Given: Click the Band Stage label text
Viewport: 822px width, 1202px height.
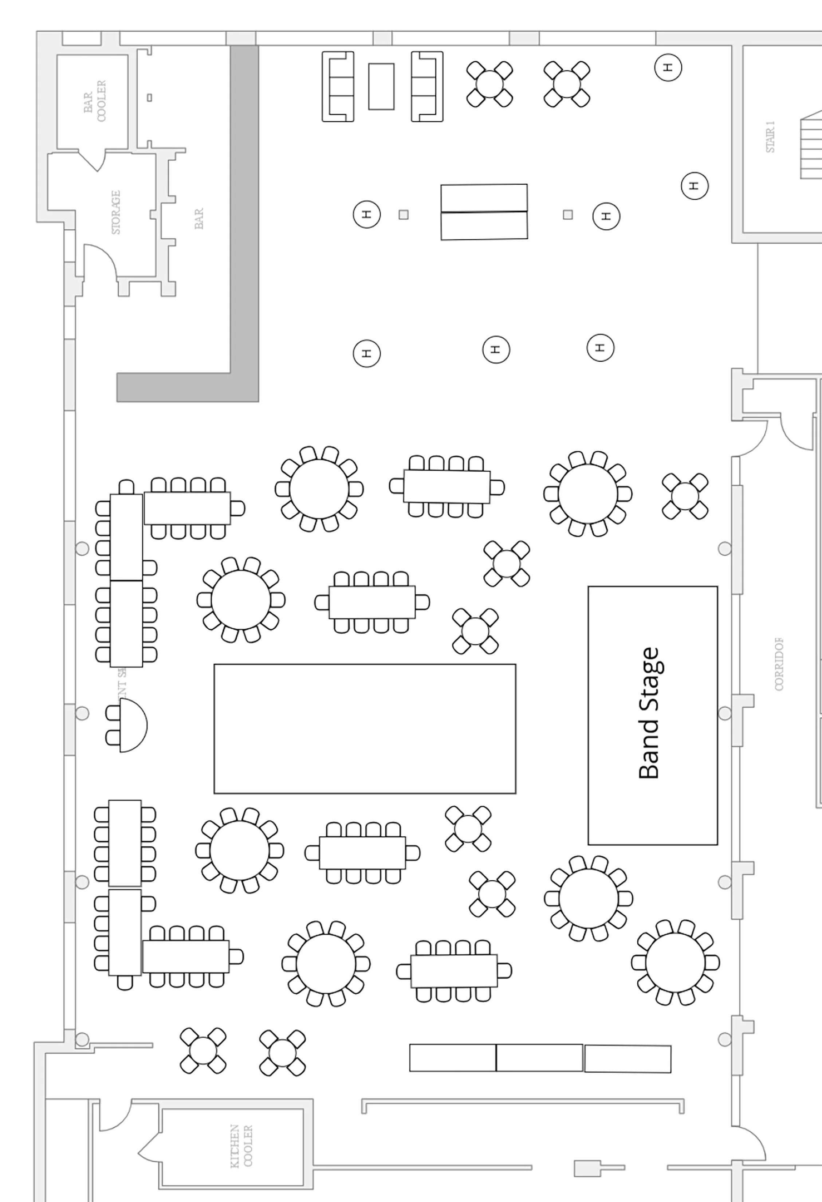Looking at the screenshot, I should coord(649,714).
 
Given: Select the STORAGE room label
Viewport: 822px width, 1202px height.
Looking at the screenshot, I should coord(116,212).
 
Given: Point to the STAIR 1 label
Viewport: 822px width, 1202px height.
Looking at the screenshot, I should coord(770,137).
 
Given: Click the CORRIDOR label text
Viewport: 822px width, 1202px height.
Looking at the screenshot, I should coord(779,665).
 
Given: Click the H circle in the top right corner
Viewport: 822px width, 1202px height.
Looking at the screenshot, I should coord(668,67).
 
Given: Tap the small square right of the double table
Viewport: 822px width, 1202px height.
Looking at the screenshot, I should coord(567,215).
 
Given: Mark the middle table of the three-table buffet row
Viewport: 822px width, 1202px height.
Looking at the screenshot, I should coord(539,1058).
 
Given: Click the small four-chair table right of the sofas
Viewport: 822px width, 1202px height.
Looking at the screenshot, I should coord(489,84).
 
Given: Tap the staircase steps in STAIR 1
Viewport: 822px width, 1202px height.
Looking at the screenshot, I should coord(811,148).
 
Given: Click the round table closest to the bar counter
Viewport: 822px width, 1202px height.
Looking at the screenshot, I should coord(319,489).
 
